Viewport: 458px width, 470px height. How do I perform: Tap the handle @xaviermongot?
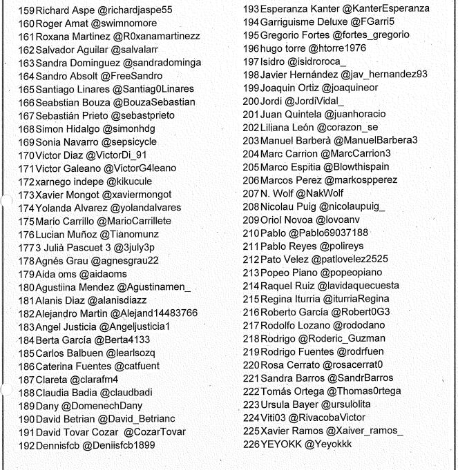pyautogui.click(x=137, y=195)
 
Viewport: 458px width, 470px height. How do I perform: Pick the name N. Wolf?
pyautogui.click(x=278, y=193)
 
